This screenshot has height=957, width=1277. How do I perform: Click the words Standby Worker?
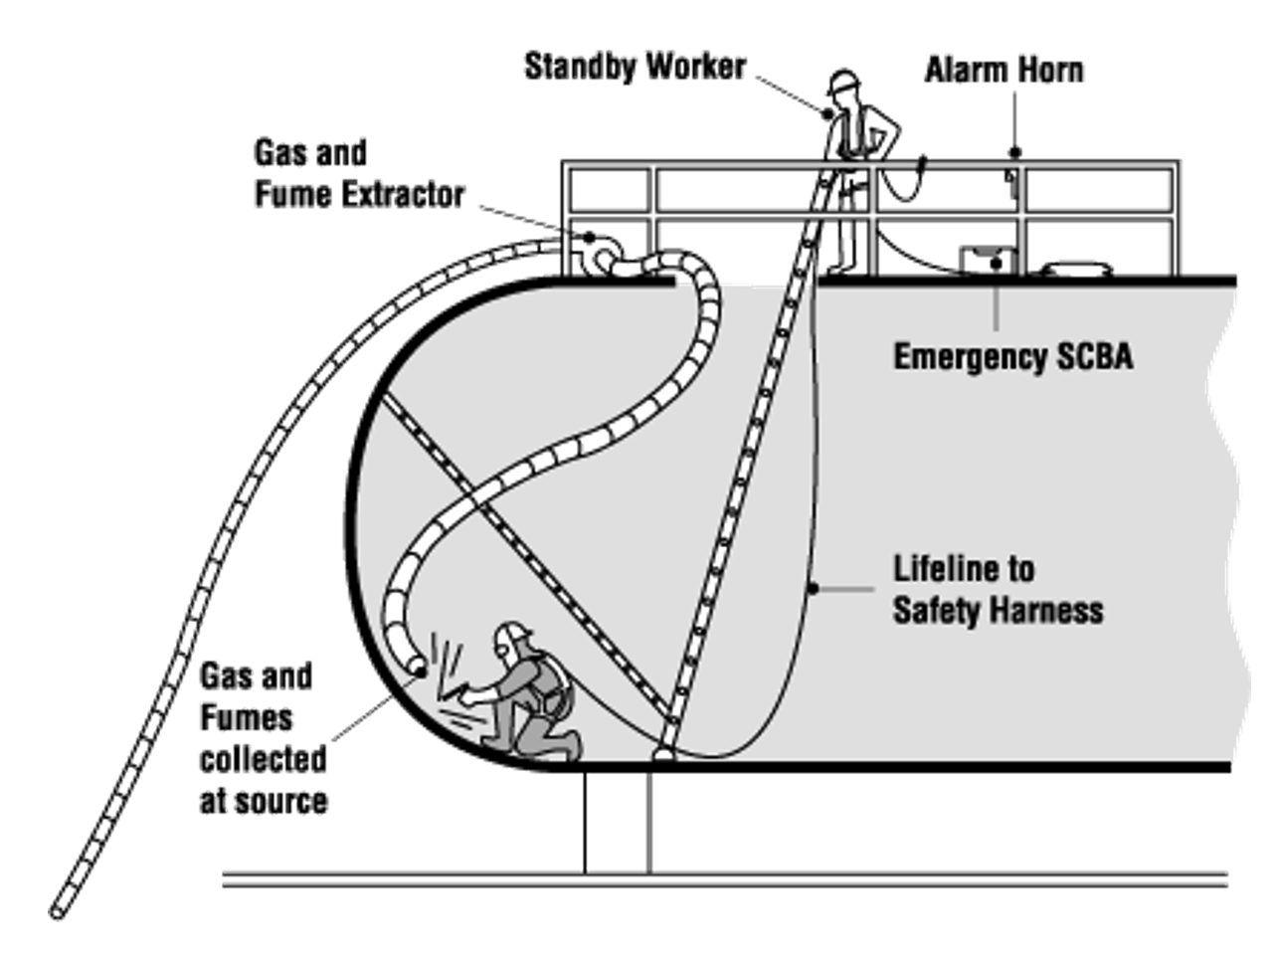(635, 67)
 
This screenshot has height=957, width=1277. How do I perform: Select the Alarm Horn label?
(1003, 71)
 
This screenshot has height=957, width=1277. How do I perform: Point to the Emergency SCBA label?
(1011, 356)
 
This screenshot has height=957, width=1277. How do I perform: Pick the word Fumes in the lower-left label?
(247, 717)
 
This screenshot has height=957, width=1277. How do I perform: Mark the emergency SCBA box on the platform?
(987, 261)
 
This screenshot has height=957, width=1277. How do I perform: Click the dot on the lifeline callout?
(813, 589)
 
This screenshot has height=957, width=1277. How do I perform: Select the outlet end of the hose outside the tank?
(58, 909)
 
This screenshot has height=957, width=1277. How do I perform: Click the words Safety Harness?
(998, 610)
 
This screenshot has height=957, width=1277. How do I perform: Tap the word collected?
(263, 759)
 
